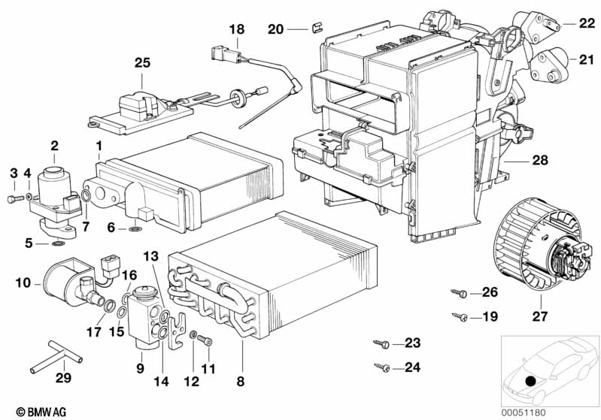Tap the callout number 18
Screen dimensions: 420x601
click(x=237, y=30)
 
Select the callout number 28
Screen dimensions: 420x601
click(x=520, y=160)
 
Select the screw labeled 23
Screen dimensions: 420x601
click(x=381, y=344)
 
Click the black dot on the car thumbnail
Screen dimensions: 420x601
click(x=532, y=381)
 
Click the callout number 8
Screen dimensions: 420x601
click(x=241, y=381)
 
